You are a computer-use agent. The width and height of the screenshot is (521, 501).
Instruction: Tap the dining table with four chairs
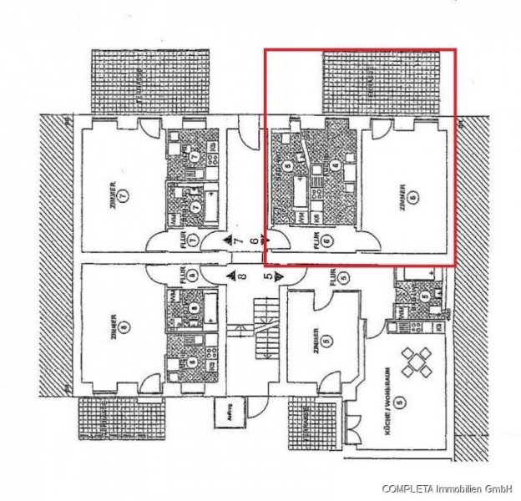click(417, 363)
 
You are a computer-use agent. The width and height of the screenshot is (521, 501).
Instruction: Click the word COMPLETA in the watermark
click(409, 488)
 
